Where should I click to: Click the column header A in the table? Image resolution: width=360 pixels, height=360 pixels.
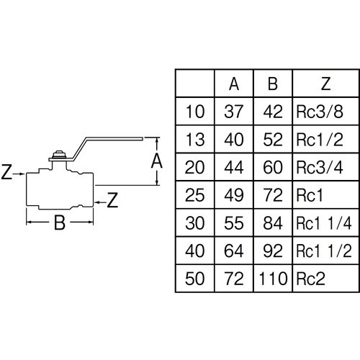[x=234, y=84]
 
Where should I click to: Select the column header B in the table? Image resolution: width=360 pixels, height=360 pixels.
[x=273, y=84]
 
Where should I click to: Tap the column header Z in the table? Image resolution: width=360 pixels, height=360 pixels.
[x=325, y=84]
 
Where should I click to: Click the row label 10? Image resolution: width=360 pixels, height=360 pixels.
[x=195, y=112]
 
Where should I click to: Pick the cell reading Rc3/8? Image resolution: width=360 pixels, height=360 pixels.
[x=320, y=112]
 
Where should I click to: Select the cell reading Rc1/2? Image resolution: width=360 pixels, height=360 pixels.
[x=320, y=140]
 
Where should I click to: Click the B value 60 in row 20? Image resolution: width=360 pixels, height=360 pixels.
[x=273, y=167]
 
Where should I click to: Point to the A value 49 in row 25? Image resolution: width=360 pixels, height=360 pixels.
[x=234, y=195]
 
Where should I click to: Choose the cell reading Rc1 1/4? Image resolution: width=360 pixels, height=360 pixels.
[x=324, y=223]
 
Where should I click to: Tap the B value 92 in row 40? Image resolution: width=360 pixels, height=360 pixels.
[x=273, y=251]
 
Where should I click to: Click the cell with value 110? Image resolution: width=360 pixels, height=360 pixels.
[x=273, y=279]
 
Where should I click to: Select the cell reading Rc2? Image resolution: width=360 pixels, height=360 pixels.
[x=310, y=279]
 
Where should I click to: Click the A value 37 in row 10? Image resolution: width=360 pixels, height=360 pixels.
[x=234, y=112]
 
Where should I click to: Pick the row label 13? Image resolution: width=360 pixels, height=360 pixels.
[x=195, y=140]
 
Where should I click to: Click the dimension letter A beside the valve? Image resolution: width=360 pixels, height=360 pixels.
[x=157, y=161]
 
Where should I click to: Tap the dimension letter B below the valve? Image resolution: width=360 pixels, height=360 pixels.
[x=60, y=222]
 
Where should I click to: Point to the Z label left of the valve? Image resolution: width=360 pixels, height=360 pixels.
[x=6, y=172]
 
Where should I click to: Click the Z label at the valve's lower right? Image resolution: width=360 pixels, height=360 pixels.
[x=112, y=200]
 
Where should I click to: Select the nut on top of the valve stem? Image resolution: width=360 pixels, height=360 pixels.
[x=59, y=154]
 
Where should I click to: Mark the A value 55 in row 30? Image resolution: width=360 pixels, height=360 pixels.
[x=234, y=223]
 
